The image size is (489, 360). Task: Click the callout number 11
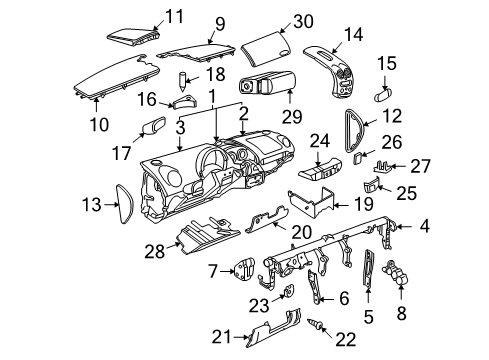pos(174,16)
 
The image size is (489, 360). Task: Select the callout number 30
pos(303,21)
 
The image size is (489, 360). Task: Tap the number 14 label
pos(353,34)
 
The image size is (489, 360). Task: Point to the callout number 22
pos(346,340)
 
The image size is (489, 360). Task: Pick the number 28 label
pos(155,251)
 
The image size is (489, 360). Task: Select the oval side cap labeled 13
pos(124,203)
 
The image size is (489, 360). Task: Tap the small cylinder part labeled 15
pos(383,95)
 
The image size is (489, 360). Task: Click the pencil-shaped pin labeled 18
pos(182,81)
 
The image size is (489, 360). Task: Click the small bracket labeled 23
pos(289,291)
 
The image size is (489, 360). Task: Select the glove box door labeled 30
pos(266,48)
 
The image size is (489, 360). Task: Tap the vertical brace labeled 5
pos(369,268)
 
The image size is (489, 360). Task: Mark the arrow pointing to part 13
pos(111,204)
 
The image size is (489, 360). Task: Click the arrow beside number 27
pos(399,166)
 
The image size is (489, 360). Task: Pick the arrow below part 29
pos(289,97)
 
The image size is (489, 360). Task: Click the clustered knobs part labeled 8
pos(396,272)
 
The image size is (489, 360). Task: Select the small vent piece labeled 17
pos(154,125)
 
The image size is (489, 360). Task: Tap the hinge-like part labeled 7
pos(245,269)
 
